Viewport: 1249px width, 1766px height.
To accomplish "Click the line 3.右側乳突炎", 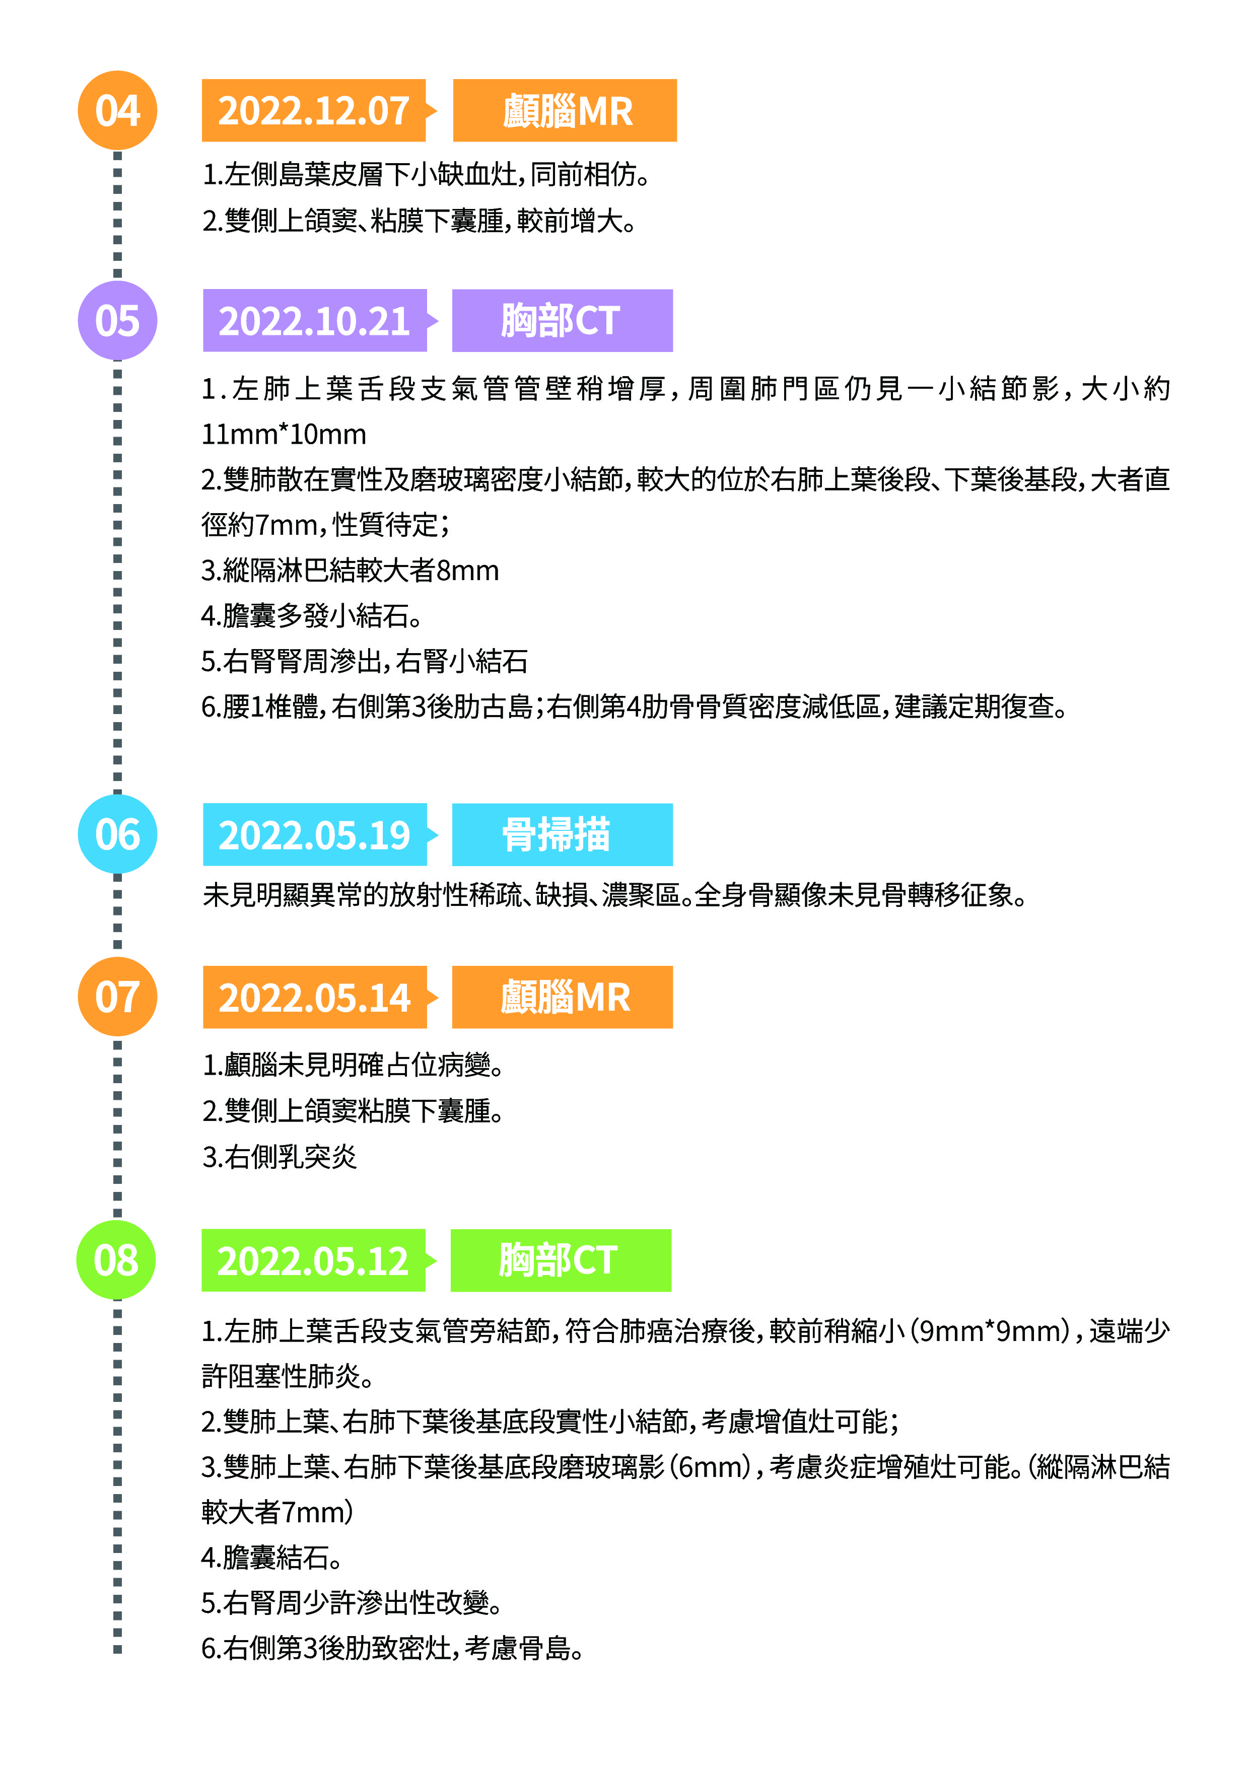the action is pos(279,1156).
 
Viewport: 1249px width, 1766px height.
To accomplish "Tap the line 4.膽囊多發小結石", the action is pos(312,615).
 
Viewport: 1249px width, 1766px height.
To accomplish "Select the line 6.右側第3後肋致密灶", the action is pos(392,1648).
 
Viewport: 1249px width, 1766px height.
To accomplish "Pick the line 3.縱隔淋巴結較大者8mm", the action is pos(350,570).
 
